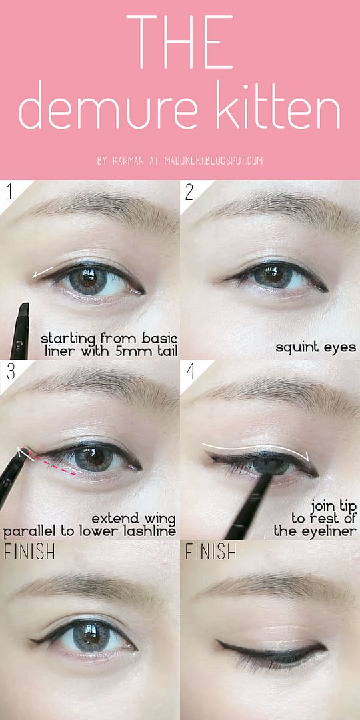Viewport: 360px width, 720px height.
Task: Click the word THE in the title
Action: click(179, 41)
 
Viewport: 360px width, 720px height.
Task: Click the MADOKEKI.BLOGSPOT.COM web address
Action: click(213, 161)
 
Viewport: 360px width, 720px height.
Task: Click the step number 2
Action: click(189, 193)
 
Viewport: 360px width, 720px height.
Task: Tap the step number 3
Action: click(11, 371)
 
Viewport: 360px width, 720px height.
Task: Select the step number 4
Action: click(190, 371)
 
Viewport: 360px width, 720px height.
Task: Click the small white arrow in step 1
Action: click(42, 272)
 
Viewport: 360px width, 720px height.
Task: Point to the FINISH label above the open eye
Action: click(29, 551)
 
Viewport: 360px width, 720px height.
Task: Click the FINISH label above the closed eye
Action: click(211, 551)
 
